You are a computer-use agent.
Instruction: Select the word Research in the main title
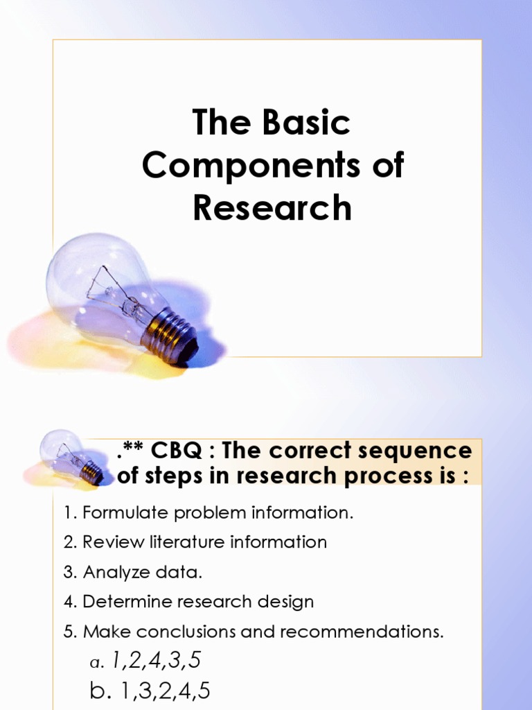(x=272, y=208)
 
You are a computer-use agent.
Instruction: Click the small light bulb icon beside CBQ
(x=69, y=458)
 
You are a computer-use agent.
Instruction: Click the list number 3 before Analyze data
(x=69, y=572)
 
